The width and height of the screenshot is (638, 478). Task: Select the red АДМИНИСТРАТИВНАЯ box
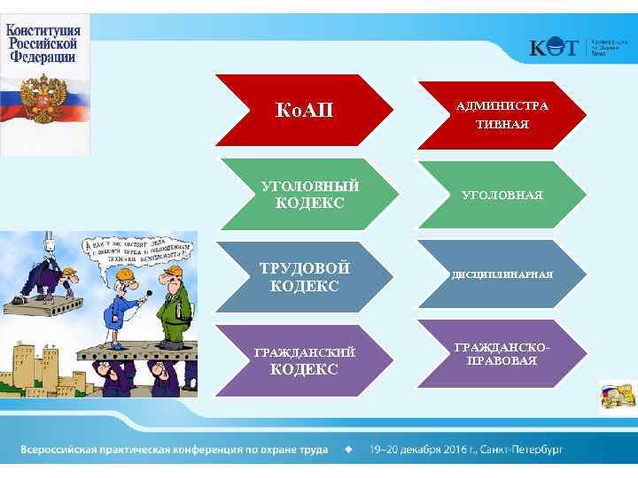[502, 115]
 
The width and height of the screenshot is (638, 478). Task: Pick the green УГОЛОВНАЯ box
[502, 195]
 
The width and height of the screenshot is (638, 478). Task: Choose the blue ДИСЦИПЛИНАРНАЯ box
[502, 274]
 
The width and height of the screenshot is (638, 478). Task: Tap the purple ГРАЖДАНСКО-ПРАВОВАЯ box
[502, 354]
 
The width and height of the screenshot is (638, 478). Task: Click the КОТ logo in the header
[555, 48]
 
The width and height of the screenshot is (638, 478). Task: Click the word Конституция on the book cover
[43, 29]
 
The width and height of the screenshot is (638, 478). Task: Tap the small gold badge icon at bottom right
[618, 396]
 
